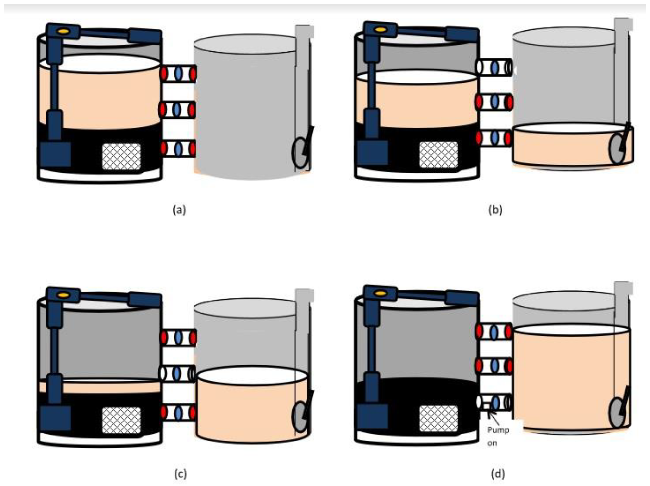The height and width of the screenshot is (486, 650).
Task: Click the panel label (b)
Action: (x=495, y=210)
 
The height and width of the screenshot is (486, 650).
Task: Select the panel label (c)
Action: (x=180, y=474)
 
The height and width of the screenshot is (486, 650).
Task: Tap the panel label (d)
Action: (x=498, y=474)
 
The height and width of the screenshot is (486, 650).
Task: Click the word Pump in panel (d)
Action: (x=498, y=430)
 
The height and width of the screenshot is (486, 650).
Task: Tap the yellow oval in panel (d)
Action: (x=381, y=293)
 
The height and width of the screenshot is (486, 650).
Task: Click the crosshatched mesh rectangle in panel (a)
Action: (x=121, y=156)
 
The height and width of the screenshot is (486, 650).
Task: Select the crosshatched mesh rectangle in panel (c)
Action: (x=121, y=420)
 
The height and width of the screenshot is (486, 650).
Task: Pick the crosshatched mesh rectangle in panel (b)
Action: (x=438, y=155)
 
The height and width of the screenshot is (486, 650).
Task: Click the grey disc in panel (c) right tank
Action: (x=300, y=416)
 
